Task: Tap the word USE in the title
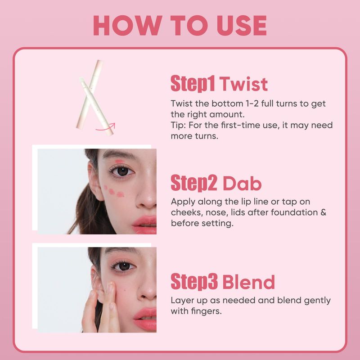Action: pos(242,25)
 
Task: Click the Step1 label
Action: pos(193,84)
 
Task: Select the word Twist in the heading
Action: pos(243,84)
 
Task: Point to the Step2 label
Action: pos(194,183)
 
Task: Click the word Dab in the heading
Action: pos(242,183)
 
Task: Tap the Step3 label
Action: pos(194,281)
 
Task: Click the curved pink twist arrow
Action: pos(105,127)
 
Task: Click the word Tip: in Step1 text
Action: pos(178,126)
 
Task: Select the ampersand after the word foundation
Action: pos(323,212)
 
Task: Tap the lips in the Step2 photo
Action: pos(145,225)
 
